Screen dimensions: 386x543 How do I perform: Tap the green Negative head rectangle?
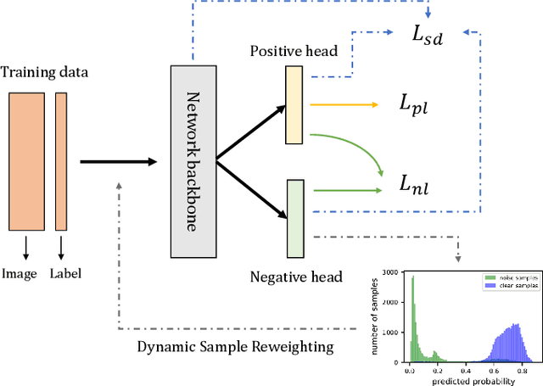(295, 217)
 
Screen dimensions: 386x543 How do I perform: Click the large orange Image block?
(25, 160)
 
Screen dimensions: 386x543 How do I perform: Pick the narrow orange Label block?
(61, 160)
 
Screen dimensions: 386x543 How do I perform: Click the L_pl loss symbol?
(416, 106)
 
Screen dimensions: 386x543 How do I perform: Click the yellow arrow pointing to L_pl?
(344, 106)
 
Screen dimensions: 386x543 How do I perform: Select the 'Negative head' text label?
(296, 276)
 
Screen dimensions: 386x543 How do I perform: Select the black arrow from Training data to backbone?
(119, 160)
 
